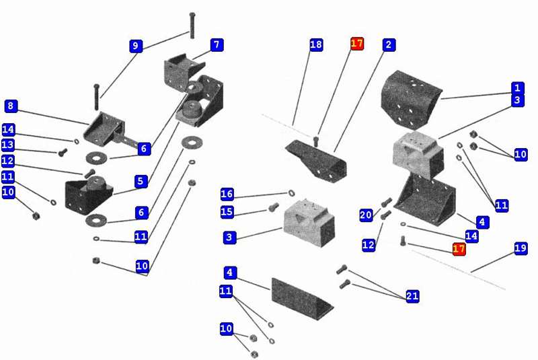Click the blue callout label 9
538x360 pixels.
pyautogui.click(x=136, y=46)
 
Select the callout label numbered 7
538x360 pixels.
pyautogui.click(x=216, y=45)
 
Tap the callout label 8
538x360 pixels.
pyautogui.click(x=11, y=106)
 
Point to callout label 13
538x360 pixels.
pyautogui.click(x=8, y=145)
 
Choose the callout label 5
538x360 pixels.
pyautogui.click(x=141, y=181)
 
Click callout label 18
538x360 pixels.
pyautogui.click(x=316, y=44)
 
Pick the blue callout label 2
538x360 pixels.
pyautogui.click(x=388, y=44)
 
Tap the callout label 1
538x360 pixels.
pyautogui.click(x=516, y=87)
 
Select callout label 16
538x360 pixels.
pyautogui.click(x=227, y=194)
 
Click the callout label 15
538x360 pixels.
pyautogui.click(x=227, y=213)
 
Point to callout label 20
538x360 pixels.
pyautogui.click(x=366, y=215)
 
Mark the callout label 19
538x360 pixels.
pyautogui.click(x=521, y=248)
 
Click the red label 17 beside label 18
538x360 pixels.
pyautogui.click(x=357, y=44)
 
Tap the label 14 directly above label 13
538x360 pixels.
pyautogui.click(x=8, y=129)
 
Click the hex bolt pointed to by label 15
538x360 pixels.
pyautogui.click(x=273, y=208)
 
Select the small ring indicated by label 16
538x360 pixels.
pyautogui.click(x=291, y=193)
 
